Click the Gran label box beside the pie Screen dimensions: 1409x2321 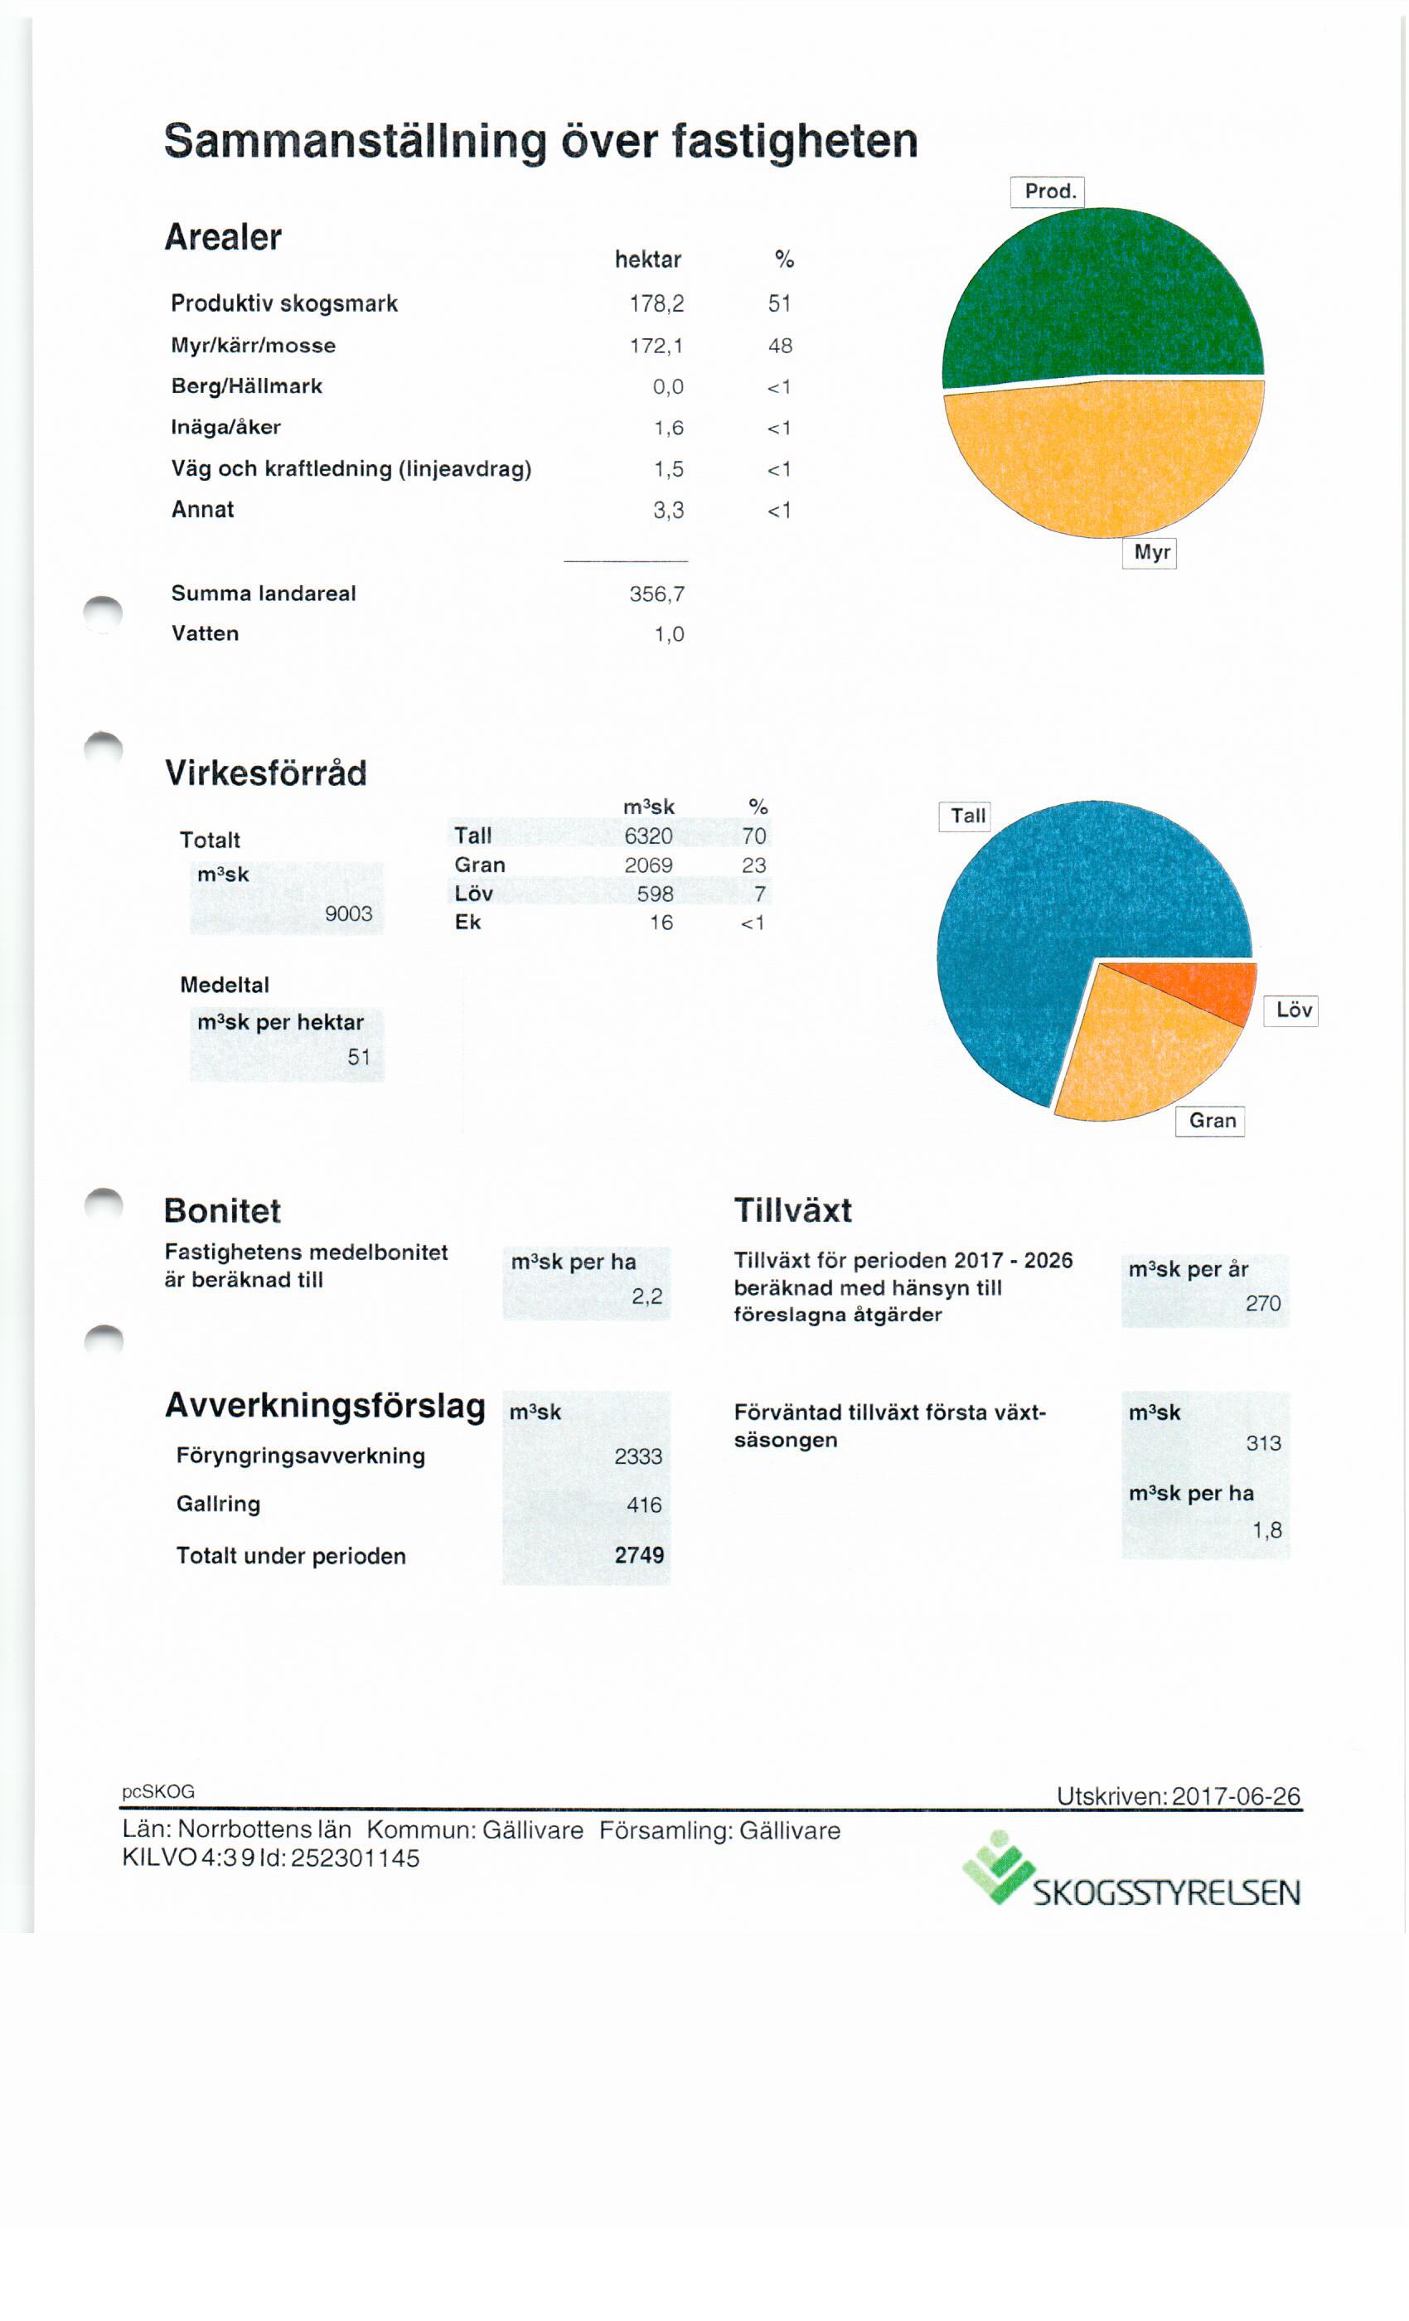1210,1121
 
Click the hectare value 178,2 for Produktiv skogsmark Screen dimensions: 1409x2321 656,303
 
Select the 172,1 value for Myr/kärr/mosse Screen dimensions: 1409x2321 656,346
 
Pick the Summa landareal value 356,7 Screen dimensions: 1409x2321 656,594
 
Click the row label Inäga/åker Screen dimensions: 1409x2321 226,427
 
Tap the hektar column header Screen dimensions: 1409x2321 648,259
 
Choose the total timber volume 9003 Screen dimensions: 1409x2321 348,913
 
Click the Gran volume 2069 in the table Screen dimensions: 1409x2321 649,865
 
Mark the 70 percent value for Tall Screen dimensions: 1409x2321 754,836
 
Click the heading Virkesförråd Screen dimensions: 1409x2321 265,773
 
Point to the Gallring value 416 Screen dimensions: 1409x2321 644,1505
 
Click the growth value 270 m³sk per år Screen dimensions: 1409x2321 1263,1303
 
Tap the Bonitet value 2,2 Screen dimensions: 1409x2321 647,1296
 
